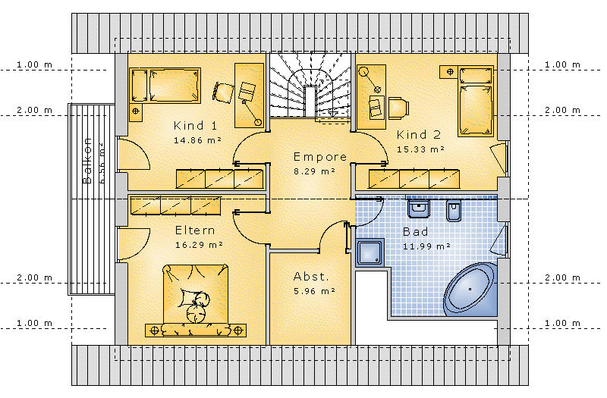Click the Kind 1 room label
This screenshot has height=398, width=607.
(x=195, y=126)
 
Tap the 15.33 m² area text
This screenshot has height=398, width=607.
(x=420, y=149)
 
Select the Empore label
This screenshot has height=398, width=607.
(x=319, y=157)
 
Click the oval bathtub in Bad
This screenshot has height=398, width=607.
(x=470, y=289)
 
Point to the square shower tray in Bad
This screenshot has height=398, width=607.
(x=370, y=252)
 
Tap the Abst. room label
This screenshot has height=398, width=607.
(x=311, y=277)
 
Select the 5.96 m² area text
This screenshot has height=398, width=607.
(x=314, y=291)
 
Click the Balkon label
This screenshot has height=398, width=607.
(x=87, y=161)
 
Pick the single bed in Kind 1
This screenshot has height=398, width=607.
(x=165, y=86)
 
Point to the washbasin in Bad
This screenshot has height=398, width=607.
(x=419, y=208)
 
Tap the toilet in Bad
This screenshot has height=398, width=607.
(x=454, y=211)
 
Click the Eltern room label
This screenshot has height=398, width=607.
(x=195, y=230)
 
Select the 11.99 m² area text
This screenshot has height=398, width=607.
(x=426, y=246)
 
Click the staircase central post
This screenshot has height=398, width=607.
(x=310, y=101)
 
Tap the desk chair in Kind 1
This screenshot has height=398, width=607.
(x=223, y=92)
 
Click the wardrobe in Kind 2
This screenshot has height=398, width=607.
(x=414, y=179)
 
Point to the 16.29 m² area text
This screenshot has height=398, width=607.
(x=199, y=245)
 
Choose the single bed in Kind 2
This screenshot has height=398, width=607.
(x=476, y=102)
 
